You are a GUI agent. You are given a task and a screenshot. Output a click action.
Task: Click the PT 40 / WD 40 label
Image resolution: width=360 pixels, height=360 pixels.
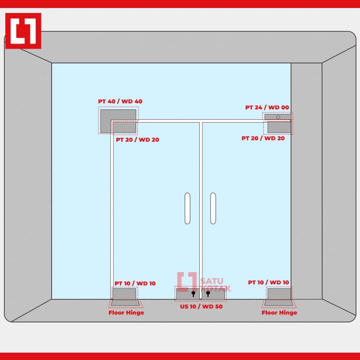coord(120,102)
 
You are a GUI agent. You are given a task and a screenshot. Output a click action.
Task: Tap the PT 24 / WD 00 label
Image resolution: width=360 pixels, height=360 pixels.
coord(267,108)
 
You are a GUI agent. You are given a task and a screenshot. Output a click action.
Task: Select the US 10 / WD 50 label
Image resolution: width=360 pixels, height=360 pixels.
coord(201,307)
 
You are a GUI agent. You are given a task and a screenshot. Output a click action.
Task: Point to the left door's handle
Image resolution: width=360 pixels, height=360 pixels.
coord(187,208)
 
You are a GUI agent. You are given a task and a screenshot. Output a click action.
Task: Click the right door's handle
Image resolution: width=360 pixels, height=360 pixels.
coord(213,208)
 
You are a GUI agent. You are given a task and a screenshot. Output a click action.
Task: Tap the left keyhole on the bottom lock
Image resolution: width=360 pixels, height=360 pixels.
coord(193,294)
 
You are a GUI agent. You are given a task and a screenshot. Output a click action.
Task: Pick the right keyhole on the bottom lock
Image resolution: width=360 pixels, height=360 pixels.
coord(208,294)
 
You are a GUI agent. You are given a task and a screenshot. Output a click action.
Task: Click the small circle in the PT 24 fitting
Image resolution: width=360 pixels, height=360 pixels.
coord(278,117)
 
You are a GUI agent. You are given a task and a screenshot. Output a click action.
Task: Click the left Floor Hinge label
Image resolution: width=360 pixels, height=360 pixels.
coord(126,313)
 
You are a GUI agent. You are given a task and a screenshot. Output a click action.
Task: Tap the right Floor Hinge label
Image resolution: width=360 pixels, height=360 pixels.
coord(279,313)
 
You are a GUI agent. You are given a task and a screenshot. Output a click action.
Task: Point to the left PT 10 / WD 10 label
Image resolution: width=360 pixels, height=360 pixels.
coord(135,283)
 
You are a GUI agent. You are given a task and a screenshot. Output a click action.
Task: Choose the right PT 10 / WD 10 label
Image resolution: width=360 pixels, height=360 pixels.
coord(269,282)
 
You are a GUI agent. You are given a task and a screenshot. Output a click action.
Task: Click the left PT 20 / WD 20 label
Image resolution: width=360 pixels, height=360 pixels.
coord(137,140)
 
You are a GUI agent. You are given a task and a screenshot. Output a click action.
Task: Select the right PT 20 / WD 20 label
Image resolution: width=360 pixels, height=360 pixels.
coord(263,138)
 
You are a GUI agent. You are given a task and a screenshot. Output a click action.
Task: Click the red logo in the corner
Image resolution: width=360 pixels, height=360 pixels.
coord(23,31)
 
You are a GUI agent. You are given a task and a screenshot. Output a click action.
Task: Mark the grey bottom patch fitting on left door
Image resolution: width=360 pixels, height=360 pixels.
coord(124,294)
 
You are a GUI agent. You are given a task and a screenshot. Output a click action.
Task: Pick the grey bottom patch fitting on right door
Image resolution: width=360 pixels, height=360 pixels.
coord(279,294)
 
